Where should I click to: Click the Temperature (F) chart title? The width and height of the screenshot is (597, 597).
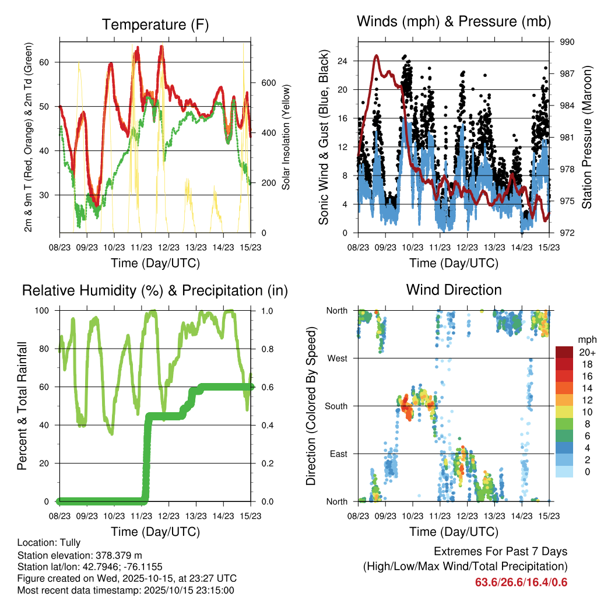point(155,24)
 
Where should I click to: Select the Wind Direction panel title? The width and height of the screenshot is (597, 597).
point(454,289)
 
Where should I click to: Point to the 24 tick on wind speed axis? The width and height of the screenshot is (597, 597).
point(342,61)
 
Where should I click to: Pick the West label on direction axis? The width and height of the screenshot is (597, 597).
point(337,358)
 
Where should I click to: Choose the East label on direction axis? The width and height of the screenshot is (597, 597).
point(338,454)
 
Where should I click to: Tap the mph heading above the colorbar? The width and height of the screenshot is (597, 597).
point(585,339)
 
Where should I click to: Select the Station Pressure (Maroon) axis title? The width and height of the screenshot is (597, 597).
point(587,138)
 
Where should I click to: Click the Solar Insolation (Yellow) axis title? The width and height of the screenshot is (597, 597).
point(286,138)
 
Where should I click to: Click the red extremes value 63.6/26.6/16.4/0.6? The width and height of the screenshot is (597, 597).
point(521,582)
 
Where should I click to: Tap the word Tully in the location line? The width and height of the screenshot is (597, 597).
point(69,543)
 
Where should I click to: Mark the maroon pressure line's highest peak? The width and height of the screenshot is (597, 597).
point(377,55)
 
